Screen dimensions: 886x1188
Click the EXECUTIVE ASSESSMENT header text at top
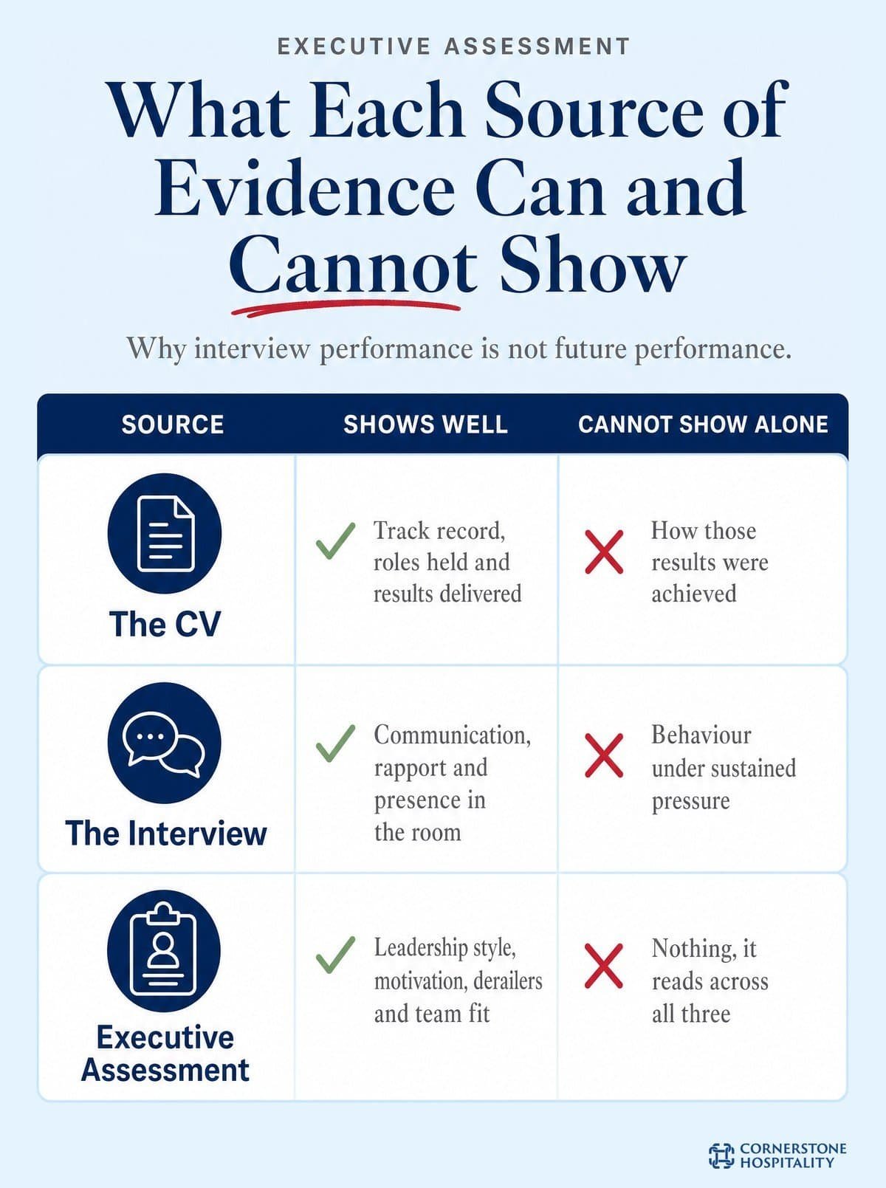click(453, 47)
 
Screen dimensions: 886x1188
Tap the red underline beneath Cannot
click(346, 309)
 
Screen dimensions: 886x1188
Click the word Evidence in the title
click(304, 189)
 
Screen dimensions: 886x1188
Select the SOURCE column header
click(173, 425)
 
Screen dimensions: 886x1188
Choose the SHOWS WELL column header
click(426, 425)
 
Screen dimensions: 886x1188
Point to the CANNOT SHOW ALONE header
click(703, 425)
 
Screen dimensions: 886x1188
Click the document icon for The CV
click(165, 533)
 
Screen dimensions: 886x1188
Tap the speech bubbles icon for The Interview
click(165, 743)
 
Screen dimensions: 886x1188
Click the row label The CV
click(165, 624)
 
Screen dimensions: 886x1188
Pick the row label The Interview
click(165, 834)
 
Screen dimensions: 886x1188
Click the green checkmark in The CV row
click(335, 540)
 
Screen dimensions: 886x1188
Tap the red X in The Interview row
click(604, 756)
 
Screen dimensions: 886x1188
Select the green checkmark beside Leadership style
click(335, 954)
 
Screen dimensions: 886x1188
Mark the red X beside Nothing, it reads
click(604, 966)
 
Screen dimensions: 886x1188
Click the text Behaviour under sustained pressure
click(724, 768)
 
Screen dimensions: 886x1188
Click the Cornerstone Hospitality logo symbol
click(722, 1156)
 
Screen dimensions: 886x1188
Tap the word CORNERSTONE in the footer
click(793, 1148)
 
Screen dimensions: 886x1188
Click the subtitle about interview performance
click(459, 348)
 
